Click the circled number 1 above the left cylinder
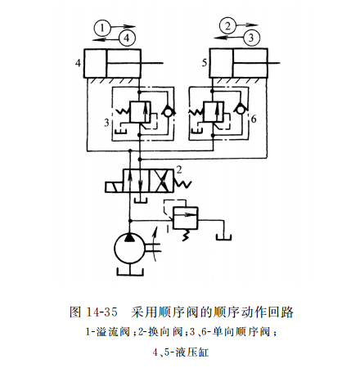pos(101,27)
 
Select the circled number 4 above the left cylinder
pos(125,38)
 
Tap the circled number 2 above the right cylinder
pos(227,27)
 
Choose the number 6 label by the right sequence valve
pos(254,119)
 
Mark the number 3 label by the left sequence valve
pos(106,123)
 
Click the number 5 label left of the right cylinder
pos(202,61)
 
